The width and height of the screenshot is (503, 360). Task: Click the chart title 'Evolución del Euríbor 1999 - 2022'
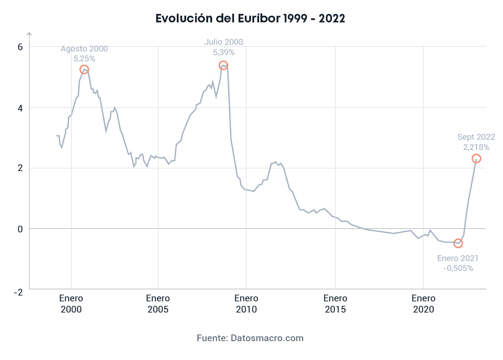click(x=251, y=18)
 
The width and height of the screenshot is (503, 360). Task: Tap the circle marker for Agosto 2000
click(x=84, y=69)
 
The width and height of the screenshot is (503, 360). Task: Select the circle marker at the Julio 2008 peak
click(x=223, y=65)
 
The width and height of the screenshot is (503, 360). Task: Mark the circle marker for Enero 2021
click(x=458, y=243)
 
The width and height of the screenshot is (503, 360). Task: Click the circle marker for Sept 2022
click(x=476, y=159)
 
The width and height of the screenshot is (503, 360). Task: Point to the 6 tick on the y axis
click(x=20, y=47)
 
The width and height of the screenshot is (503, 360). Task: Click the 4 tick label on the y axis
click(x=20, y=108)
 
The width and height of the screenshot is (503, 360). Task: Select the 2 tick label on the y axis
click(x=20, y=168)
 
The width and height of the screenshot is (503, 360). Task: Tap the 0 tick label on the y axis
click(x=20, y=229)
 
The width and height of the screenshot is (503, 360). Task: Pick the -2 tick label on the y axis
click(x=18, y=292)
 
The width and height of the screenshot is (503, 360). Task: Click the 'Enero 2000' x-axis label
click(x=71, y=304)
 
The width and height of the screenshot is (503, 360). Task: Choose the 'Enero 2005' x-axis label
click(x=158, y=304)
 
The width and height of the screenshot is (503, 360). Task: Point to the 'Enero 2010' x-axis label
click(x=246, y=304)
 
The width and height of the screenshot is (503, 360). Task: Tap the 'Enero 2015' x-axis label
click(x=335, y=304)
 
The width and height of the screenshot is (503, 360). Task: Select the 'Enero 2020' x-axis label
click(x=423, y=304)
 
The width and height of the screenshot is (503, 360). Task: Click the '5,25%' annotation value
click(x=84, y=58)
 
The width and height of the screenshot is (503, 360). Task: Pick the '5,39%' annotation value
click(x=224, y=52)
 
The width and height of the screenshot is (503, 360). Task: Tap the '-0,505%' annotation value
click(x=458, y=268)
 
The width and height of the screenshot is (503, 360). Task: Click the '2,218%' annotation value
click(x=476, y=147)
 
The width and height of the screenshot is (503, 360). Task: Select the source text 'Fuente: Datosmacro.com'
click(x=250, y=338)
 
